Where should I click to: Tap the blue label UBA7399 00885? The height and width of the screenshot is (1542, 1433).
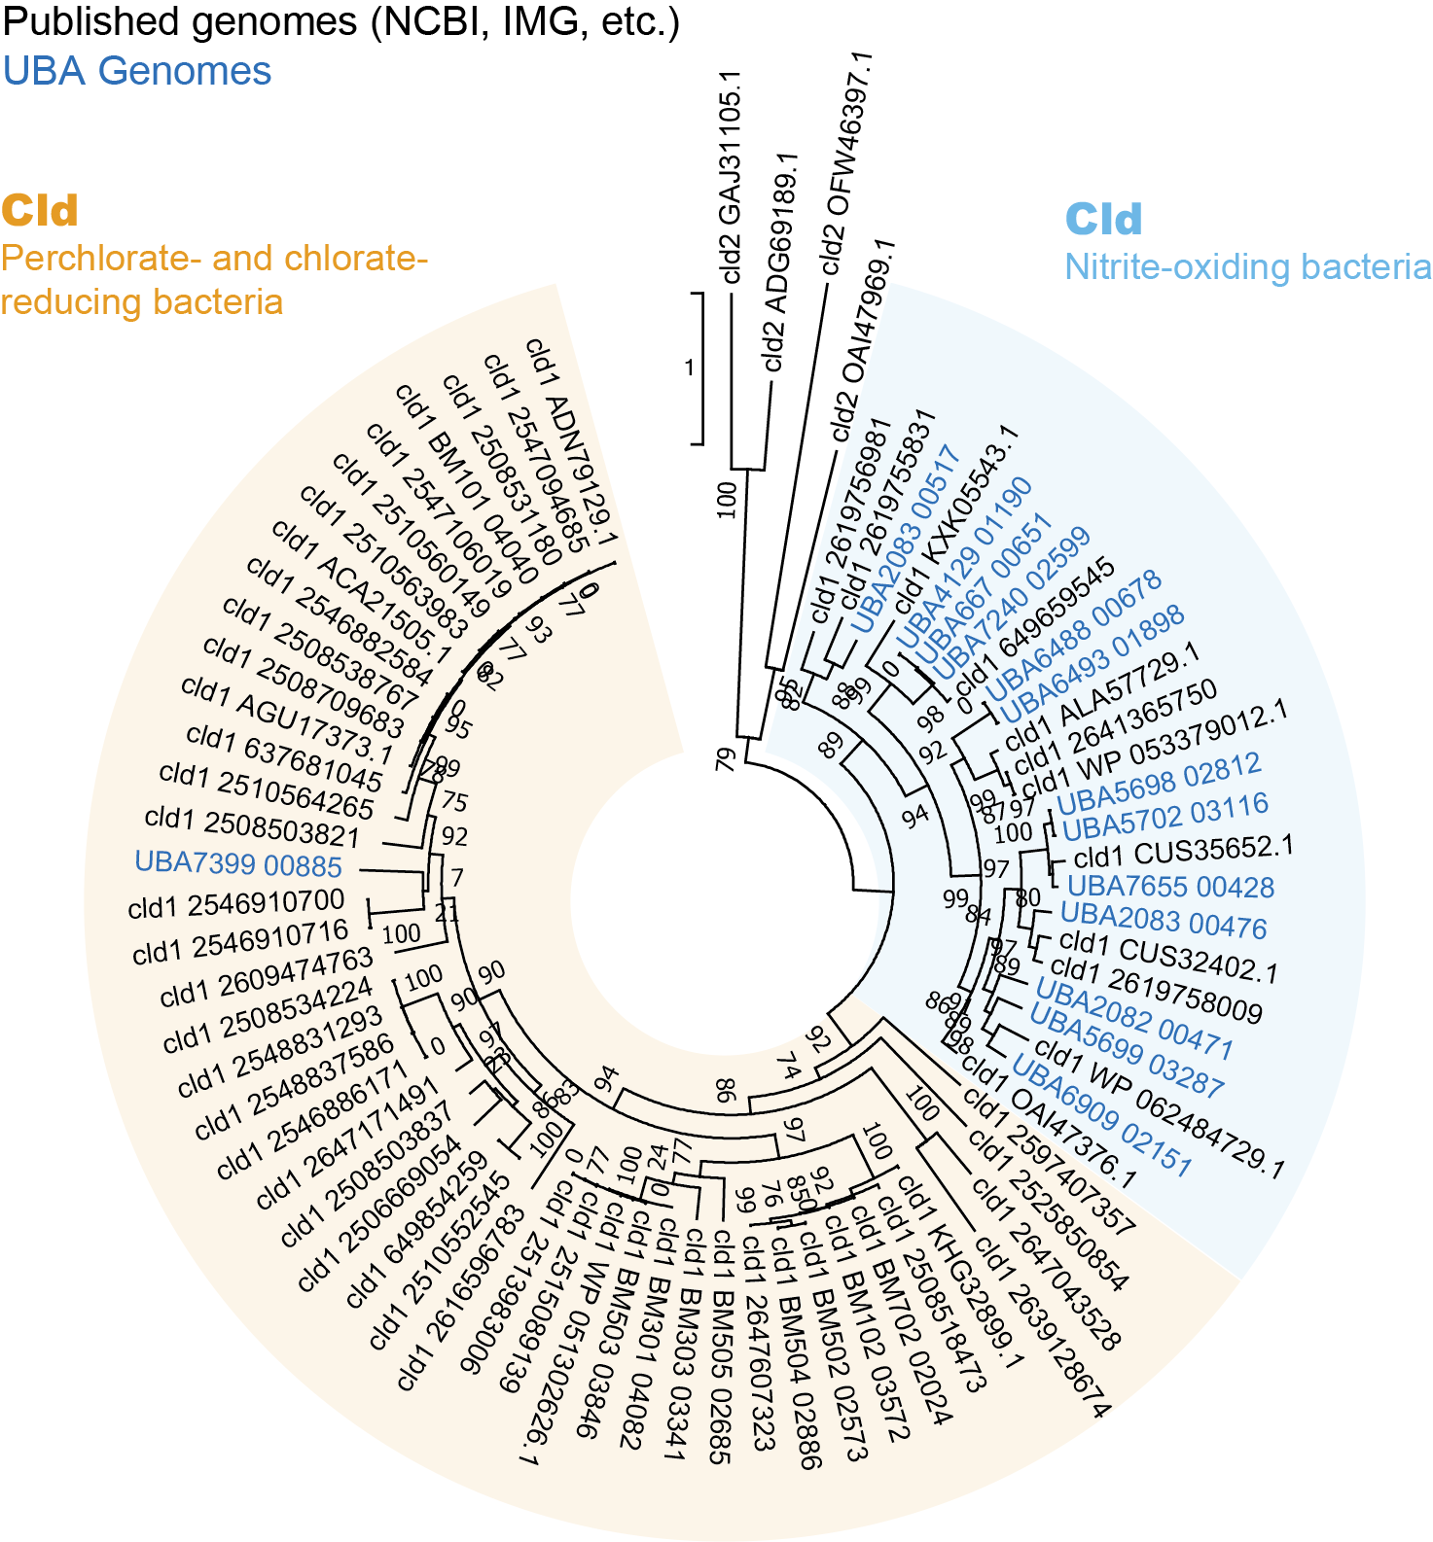238,864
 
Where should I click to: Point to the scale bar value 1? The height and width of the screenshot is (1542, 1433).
690,368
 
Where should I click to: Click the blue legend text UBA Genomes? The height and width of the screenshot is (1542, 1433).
137,72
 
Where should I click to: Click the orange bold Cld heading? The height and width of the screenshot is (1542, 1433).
40,211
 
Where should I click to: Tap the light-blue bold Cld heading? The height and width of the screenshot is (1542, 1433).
1103,220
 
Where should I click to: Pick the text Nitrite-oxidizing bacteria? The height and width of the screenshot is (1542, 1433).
1247,267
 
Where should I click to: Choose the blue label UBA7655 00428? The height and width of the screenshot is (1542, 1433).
1170,887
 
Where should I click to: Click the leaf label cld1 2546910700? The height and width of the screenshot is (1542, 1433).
236,904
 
